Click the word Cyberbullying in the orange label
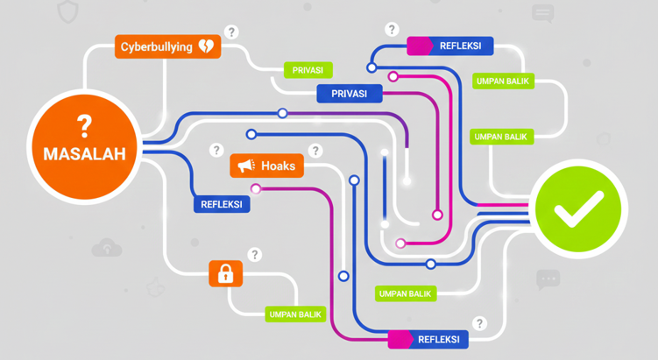point(156,46)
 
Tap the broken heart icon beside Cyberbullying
point(206,46)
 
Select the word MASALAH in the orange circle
point(84,153)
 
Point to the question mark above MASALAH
point(84,124)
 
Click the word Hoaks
point(278,166)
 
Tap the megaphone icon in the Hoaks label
point(246,166)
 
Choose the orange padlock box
point(225,274)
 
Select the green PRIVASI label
point(308,70)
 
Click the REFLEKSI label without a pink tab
point(222,204)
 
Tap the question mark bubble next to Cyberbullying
point(231,32)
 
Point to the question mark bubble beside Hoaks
point(315,152)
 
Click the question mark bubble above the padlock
point(254,255)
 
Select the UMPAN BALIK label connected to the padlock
point(295,314)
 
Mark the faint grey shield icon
point(67,11)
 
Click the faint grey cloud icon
point(107,248)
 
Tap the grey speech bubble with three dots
point(548,279)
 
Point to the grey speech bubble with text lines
point(543,13)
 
